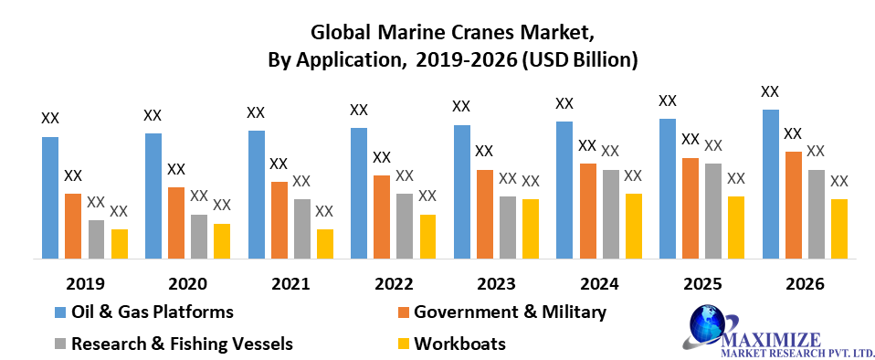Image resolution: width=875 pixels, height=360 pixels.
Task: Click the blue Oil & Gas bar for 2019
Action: pos(50,197)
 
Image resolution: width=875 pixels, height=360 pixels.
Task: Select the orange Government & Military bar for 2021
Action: pos(279,219)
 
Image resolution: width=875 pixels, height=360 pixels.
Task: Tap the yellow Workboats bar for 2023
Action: pos(531,228)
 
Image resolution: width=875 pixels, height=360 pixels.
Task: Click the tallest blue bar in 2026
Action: pos(771,184)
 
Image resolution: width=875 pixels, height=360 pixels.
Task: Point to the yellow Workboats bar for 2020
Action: pos(222,241)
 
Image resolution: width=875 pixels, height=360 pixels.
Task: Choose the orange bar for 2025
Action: pos(691,208)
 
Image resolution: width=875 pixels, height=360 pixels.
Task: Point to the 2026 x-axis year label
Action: pos(805,283)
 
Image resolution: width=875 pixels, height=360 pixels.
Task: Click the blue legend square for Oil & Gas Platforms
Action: pos(60,312)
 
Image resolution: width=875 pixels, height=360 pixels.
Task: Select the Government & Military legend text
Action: pos(510,312)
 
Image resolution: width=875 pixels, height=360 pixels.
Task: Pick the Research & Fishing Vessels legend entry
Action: pos(182,344)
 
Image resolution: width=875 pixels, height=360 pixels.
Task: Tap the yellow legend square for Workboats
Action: pos(403,344)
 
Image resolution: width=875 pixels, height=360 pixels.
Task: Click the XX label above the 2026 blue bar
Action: pos(770,91)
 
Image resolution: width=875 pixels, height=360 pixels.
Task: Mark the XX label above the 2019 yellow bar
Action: pos(119,211)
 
